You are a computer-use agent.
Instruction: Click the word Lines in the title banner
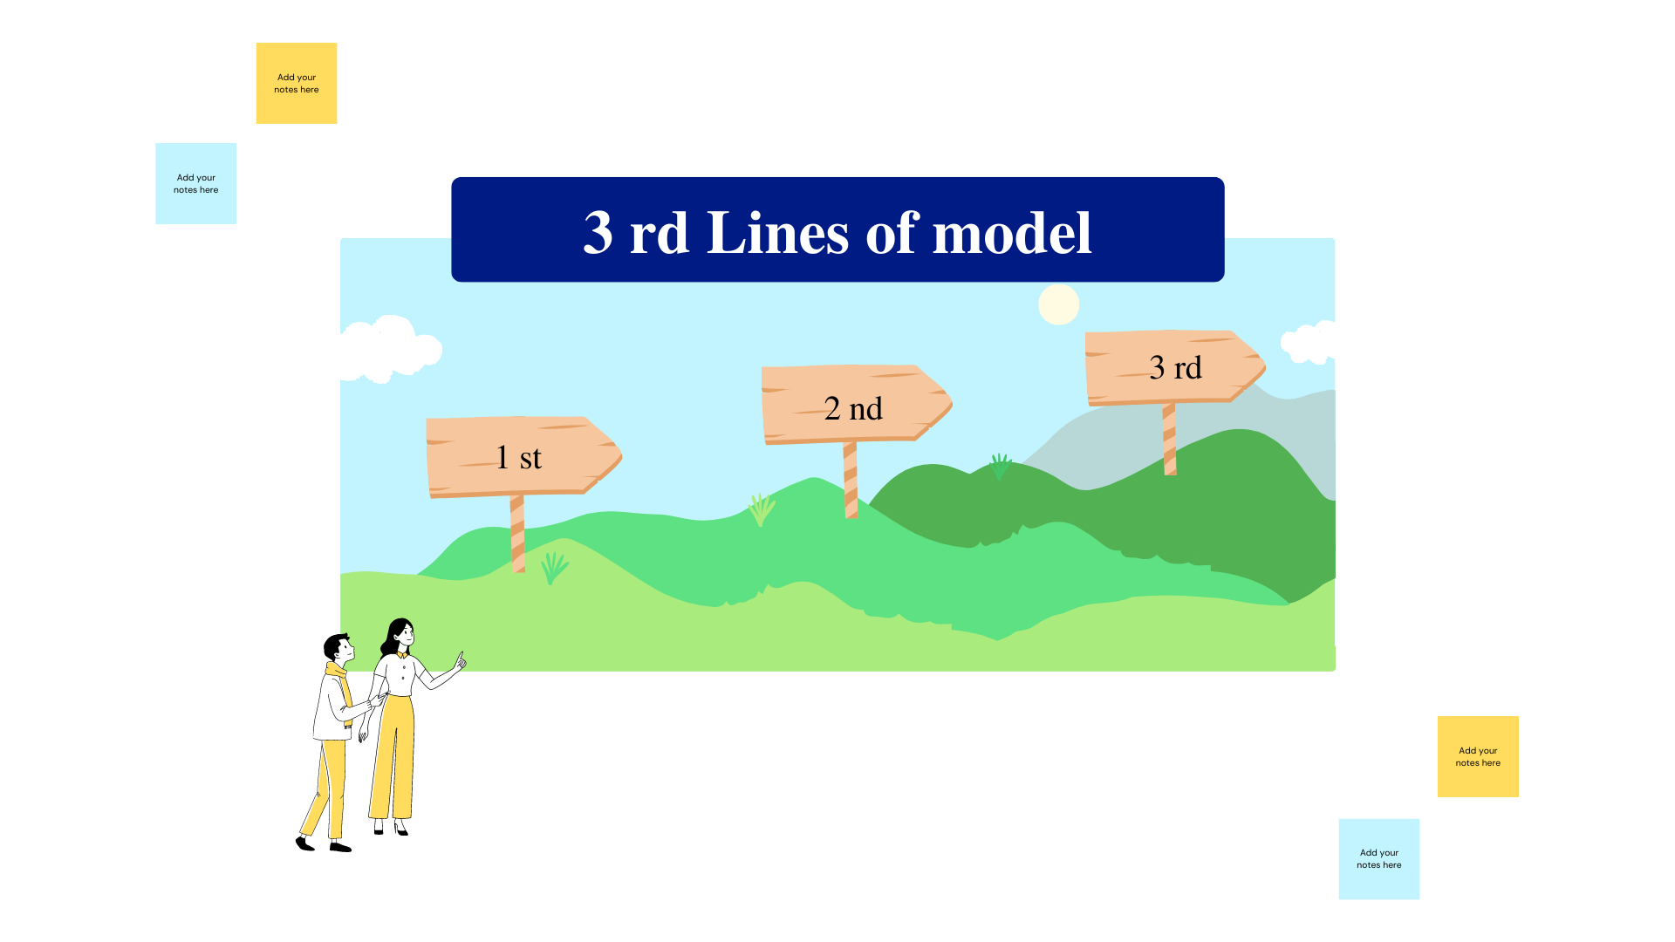777,233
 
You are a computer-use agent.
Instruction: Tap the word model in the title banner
1012,233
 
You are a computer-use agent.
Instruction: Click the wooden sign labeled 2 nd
853,405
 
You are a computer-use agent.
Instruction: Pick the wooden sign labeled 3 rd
1173,367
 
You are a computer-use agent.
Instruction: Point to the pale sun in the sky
1058,304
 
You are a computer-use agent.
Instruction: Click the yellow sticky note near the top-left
297,83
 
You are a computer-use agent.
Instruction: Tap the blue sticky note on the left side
196,183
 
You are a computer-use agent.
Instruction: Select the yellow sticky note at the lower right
1478,756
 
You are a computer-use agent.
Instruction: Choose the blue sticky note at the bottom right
1378,858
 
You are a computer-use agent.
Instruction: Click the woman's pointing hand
459,662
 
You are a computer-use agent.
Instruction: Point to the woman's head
400,633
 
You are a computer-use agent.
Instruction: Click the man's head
338,648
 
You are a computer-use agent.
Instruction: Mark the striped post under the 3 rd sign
1170,440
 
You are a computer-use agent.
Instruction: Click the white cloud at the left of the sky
388,348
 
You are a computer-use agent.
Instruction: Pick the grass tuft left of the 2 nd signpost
761,509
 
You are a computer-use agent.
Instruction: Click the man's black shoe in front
340,846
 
